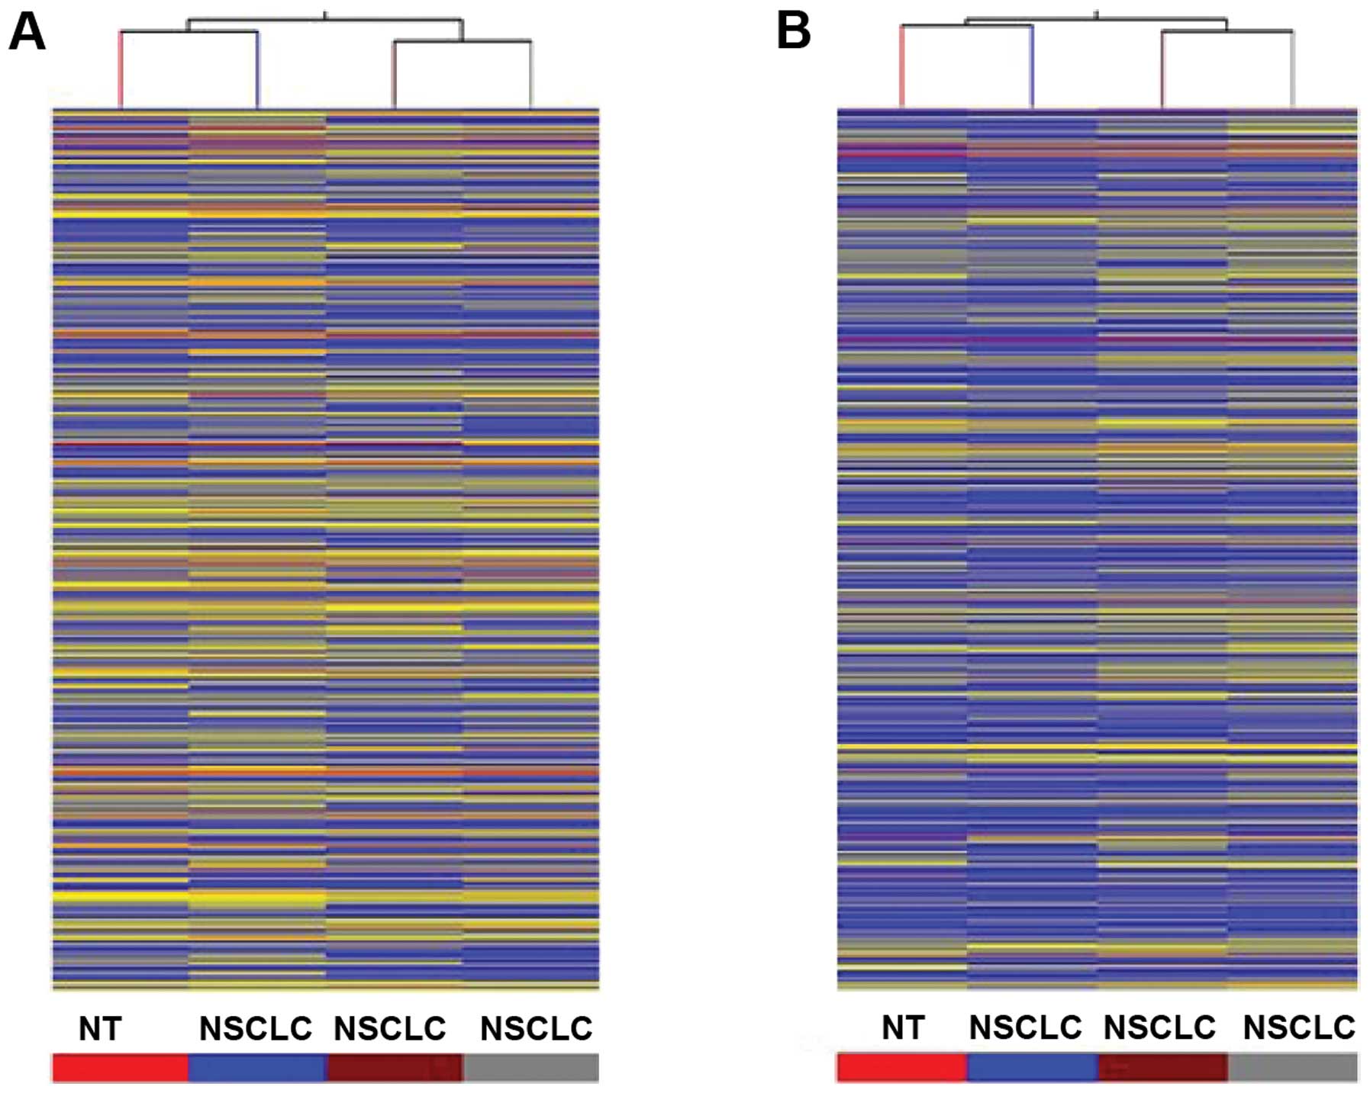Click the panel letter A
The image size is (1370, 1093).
pyautogui.click(x=27, y=33)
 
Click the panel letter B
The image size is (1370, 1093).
pyautogui.click(x=793, y=32)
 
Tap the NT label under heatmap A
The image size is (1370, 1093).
pyautogui.click(x=100, y=1029)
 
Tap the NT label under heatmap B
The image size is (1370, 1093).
pyautogui.click(x=903, y=1027)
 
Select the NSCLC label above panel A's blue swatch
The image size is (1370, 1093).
pyautogui.click(x=256, y=1029)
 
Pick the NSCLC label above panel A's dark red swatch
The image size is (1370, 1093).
pyautogui.click(x=390, y=1029)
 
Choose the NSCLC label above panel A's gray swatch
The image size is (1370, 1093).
pyautogui.click(x=536, y=1029)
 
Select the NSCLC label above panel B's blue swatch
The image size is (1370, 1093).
pyautogui.click(x=1025, y=1027)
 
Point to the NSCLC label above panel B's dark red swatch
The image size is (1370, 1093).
pyautogui.click(x=1159, y=1027)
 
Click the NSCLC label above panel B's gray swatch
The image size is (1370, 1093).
pyautogui.click(x=1299, y=1027)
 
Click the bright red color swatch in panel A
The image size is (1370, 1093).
pyautogui.click(x=120, y=1068)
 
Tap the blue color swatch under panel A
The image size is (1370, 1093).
pyautogui.click(x=257, y=1068)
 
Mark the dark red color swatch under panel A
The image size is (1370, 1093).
pyautogui.click(x=395, y=1068)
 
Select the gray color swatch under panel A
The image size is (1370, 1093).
pyautogui.click(x=531, y=1068)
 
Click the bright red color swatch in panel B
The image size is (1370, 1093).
pyautogui.click(x=901, y=1067)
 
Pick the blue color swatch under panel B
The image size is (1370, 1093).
pyautogui.click(x=1032, y=1067)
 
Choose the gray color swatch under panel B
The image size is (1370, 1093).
pyautogui.click(x=1293, y=1067)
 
